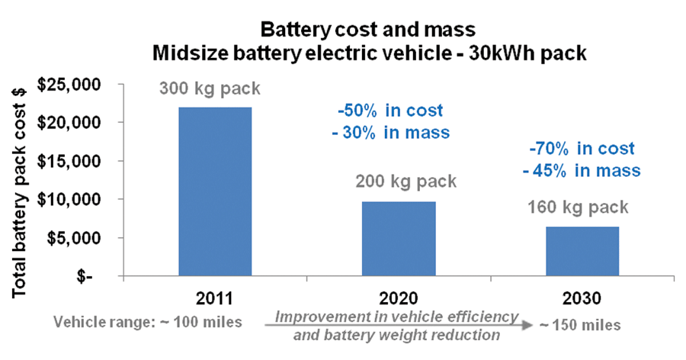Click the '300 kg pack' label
[x=210, y=88]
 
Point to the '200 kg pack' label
[x=406, y=182]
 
